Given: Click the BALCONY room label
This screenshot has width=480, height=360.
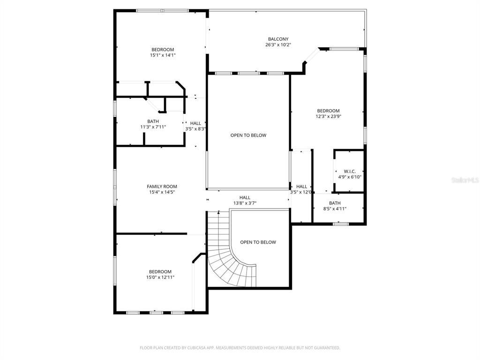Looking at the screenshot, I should click(278, 39).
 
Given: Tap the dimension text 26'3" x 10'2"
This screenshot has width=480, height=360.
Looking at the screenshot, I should click(278, 45).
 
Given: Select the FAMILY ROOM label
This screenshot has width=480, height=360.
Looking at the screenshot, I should click(162, 187).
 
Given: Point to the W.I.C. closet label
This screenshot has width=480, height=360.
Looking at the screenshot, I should click(350, 172).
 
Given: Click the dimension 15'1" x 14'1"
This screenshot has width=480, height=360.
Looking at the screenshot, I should click(162, 55).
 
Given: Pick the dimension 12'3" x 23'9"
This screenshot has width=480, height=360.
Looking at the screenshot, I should click(328, 116).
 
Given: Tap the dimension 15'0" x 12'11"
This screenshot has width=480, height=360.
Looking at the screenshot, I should click(160, 277).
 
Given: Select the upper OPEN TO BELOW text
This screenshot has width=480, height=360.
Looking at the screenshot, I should click(248, 135).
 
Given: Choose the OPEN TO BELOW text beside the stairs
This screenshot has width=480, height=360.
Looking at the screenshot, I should click(258, 242).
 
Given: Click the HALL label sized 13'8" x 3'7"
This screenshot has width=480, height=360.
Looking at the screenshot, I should click(245, 198).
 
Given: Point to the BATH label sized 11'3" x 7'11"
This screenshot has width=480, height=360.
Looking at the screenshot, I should click(153, 121).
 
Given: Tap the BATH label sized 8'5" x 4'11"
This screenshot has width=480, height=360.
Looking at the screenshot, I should click(335, 203).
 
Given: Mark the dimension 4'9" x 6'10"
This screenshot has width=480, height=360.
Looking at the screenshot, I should click(350, 177).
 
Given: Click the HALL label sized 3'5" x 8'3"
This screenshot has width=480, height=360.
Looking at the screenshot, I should click(195, 123).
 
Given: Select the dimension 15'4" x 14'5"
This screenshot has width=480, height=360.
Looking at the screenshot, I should click(162, 192).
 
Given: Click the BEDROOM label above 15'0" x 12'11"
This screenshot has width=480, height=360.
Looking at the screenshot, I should click(160, 272).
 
